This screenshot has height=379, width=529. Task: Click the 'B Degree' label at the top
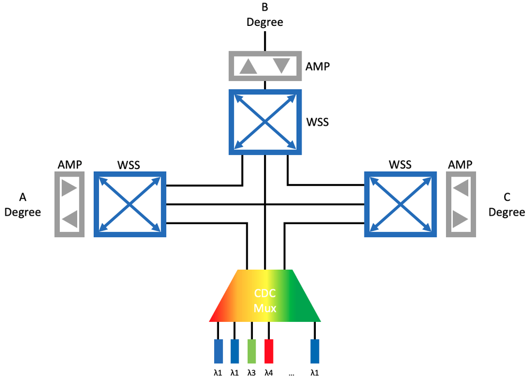click(x=264, y=15)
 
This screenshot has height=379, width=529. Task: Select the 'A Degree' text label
click(x=23, y=205)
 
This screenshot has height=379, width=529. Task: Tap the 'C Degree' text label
click(x=506, y=205)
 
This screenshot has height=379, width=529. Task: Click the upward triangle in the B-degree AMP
click(x=249, y=66)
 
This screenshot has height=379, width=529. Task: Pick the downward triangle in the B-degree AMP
click(x=281, y=66)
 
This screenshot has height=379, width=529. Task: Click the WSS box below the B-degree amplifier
click(x=264, y=122)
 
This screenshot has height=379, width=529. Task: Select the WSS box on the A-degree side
click(x=130, y=204)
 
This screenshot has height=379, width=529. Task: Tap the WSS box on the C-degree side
click(x=400, y=204)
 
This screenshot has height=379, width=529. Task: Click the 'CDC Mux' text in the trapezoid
click(x=264, y=301)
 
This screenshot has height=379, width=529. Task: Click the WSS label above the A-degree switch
click(x=129, y=164)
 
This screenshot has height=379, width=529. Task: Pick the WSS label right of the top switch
click(x=317, y=122)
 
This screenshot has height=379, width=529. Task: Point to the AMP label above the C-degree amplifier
click(x=460, y=164)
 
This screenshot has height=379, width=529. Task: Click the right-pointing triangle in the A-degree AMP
click(x=69, y=189)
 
